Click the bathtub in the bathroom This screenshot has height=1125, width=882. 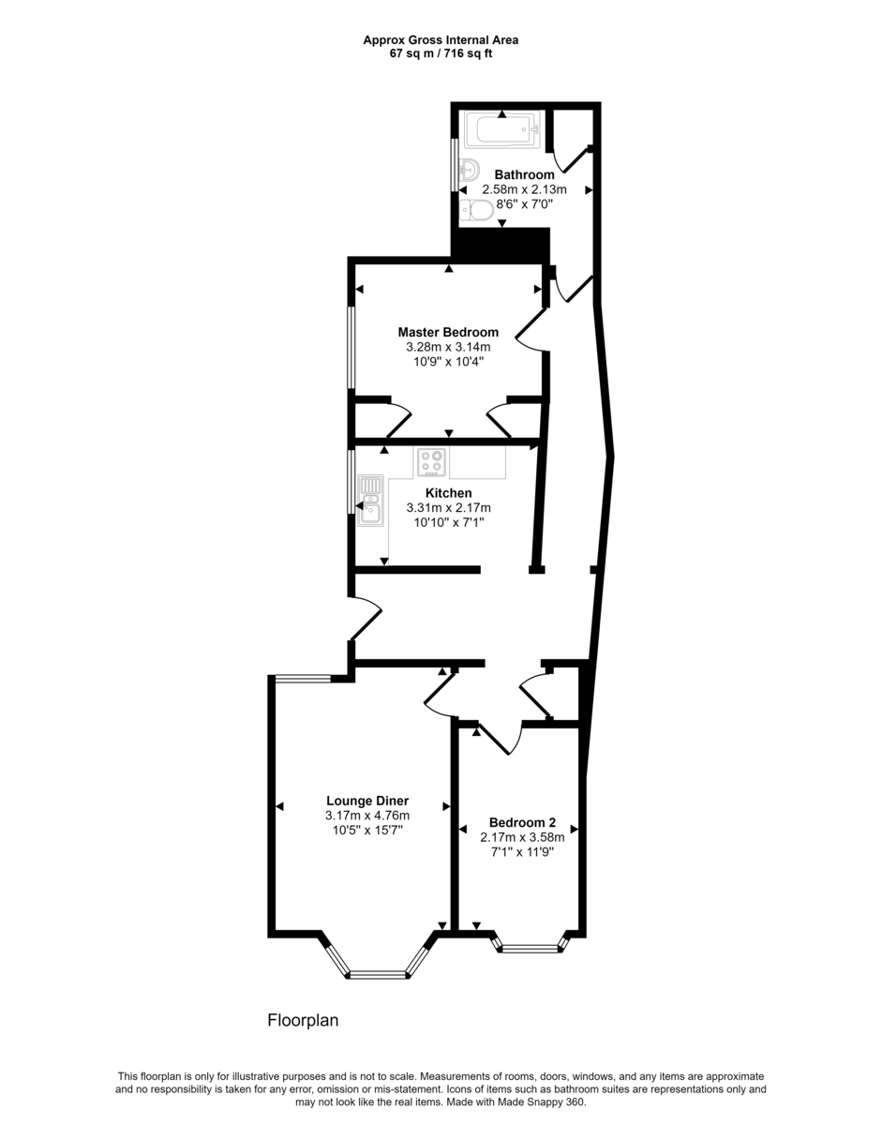tap(502, 129)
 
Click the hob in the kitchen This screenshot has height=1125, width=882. tap(432, 462)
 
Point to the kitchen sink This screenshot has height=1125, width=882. tap(371, 499)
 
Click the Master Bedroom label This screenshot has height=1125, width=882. tap(448, 332)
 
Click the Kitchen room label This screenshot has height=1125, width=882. tap(448, 493)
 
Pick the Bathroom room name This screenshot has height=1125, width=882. tap(524, 174)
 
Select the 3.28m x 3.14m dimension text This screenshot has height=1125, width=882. tap(448, 347)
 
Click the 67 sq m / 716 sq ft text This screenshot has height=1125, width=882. tap(441, 53)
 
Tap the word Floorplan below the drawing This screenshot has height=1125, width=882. tap(303, 1021)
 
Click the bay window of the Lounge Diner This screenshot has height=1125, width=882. tap(379, 975)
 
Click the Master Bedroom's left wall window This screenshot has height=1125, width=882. tap(352, 347)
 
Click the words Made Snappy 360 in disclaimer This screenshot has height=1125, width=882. tap(543, 1102)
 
